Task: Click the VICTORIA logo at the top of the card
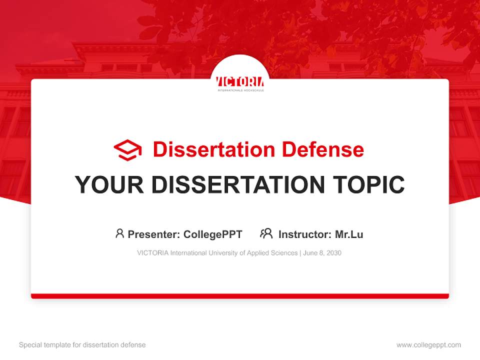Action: (240, 82)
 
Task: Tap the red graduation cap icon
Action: (127, 150)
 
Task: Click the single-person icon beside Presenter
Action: (119, 233)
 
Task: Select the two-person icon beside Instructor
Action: (266, 233)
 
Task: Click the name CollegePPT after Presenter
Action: (213, 234)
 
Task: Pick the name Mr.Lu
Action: (349, 234)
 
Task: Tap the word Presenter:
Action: (154, 234)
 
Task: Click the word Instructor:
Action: (304, 234)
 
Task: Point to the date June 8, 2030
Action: (322, 253)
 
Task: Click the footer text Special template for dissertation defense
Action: (82, 345)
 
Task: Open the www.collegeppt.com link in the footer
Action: (428, 345)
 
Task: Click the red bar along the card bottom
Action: (240, 296)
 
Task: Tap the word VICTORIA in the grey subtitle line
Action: (152, 253)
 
